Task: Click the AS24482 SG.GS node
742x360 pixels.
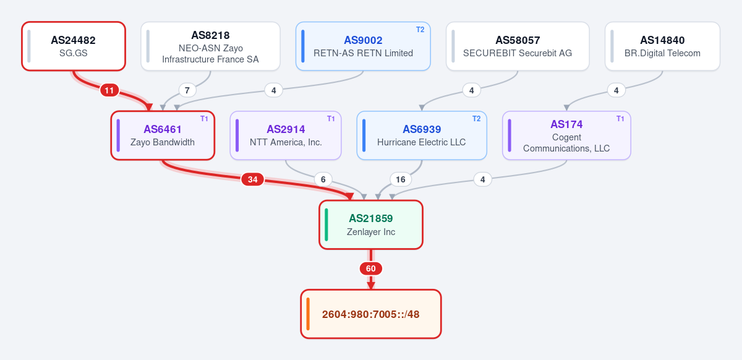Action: tap(74, 46)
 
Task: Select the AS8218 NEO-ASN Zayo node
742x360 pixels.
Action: tap(210, 46)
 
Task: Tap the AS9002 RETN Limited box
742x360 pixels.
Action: tap(363, 46)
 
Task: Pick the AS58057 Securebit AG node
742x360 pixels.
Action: tap(518, 46)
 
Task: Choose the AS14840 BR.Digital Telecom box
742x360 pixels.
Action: tap(662, 46)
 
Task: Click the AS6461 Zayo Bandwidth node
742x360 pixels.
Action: tap(163, 135)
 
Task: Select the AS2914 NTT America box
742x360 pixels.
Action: tap(286, 135)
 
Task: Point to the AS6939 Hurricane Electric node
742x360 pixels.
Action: tap(422, 135)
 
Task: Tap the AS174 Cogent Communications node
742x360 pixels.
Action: tap(566, 135)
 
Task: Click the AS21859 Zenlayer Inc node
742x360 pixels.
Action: tap(371, 225)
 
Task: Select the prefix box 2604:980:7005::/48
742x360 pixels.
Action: tap(371, 314)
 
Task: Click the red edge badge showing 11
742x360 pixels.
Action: tap(109, 90)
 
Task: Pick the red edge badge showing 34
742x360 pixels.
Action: tap(253, 179)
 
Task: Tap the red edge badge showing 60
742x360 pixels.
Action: tap(371, 268)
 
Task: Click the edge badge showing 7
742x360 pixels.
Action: tap(187, 90)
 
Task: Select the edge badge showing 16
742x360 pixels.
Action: tap(401, 179)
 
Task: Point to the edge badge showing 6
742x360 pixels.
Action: tap(323, 179)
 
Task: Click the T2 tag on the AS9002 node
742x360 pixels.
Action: tap(420, 30)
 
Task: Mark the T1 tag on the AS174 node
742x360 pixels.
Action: tap(620, 119)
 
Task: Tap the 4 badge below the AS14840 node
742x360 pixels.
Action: tap(616, 90)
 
